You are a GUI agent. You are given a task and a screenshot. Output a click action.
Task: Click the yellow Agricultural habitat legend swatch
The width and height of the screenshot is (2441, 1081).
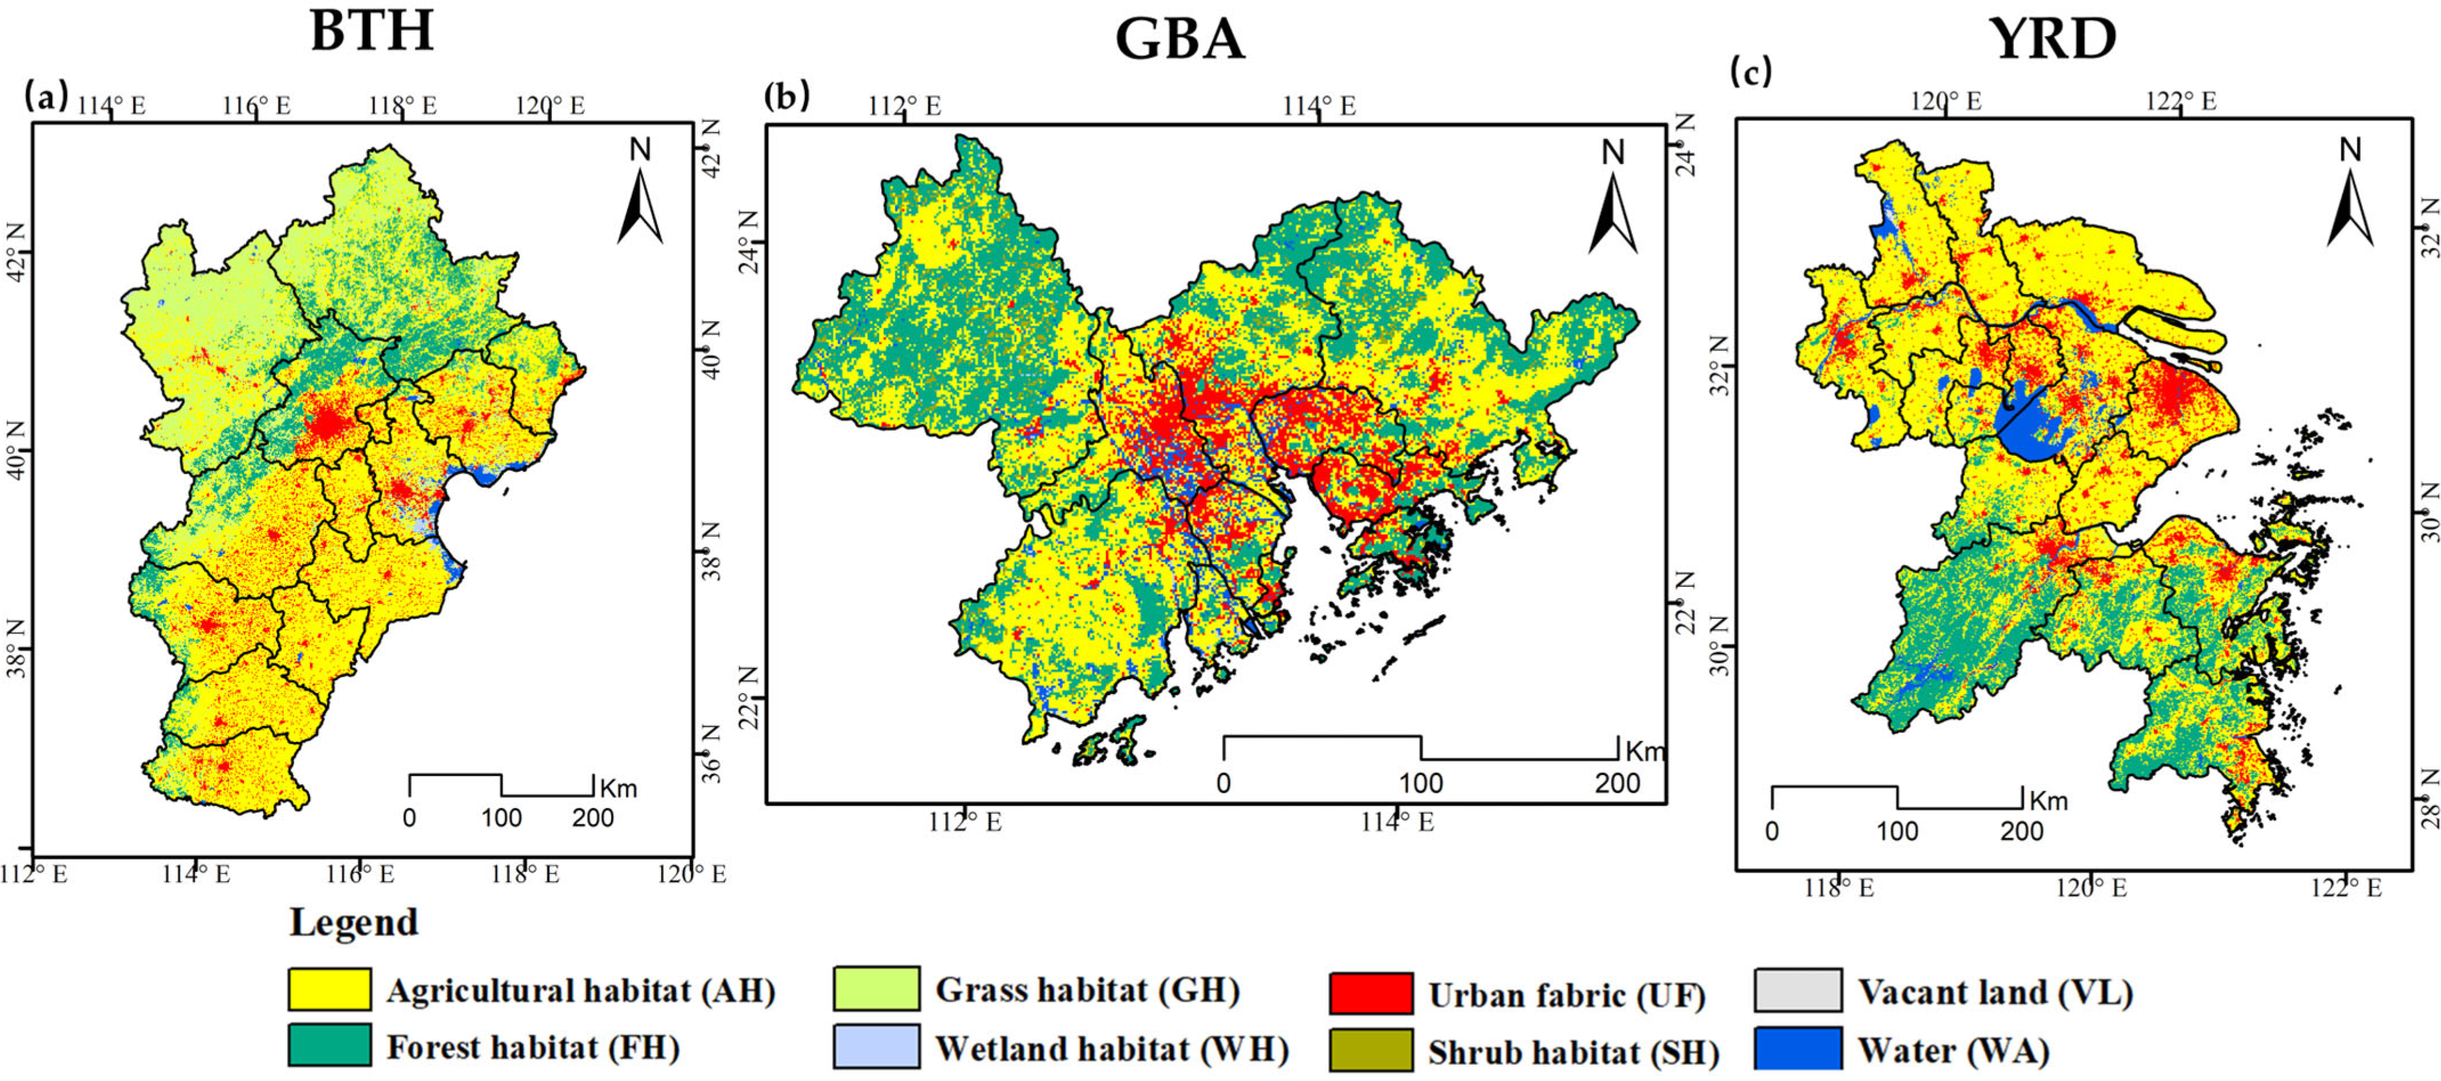(x=329, y=990)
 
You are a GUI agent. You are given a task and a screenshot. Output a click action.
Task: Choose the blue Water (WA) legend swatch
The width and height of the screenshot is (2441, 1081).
(x=1797, y=1049)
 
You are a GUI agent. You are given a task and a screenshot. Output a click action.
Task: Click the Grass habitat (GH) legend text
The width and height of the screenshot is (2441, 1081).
(x=1087, y=989)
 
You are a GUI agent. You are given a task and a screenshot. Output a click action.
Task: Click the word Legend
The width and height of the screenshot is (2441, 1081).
(x=353, y=922)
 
